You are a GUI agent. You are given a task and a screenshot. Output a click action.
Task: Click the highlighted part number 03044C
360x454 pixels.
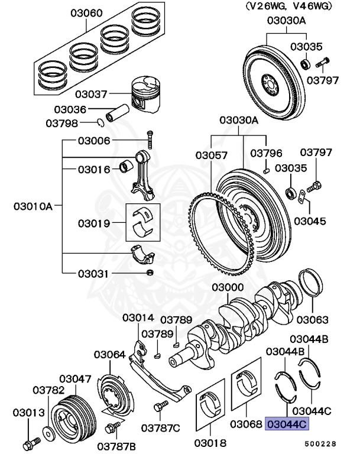pos(287,424)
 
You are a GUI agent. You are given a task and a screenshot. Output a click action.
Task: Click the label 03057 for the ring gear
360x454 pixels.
pos(212,155)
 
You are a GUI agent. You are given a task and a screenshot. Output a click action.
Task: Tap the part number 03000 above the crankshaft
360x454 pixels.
pos(228,287)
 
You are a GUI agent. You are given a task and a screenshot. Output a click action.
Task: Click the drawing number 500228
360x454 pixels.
pos(320,443)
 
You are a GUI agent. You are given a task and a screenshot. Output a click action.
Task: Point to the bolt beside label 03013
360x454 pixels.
pos(30,442)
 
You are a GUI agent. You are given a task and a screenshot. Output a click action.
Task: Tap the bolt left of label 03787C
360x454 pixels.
pos(158,407)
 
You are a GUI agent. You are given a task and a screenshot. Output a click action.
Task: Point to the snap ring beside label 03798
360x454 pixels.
pos(101,122)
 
